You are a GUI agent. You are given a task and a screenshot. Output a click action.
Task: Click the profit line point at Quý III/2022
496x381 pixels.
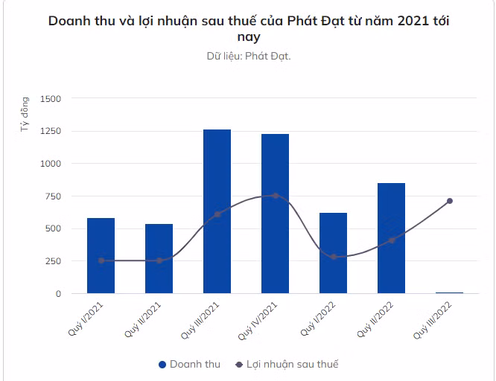point(450,201)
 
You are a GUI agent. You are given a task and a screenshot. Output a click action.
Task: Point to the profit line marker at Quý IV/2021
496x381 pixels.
point(275,196)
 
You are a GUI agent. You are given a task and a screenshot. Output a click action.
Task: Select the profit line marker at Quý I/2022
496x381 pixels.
point(333,257)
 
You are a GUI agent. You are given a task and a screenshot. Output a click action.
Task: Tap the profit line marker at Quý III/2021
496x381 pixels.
point(217,214)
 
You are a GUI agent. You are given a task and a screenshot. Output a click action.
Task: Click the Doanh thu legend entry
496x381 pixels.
point(189,365)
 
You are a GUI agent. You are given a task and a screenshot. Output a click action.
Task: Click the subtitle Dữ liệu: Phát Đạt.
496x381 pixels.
point(249,56)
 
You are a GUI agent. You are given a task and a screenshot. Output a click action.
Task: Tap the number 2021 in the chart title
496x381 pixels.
point(403,20)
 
